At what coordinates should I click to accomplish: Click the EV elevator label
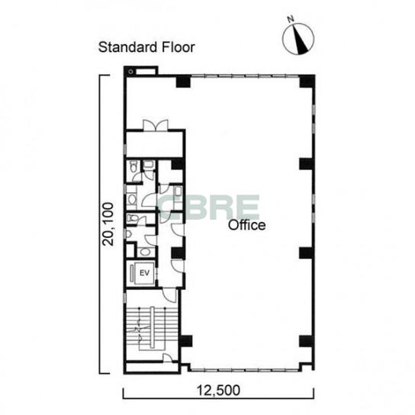[x=144, y=273]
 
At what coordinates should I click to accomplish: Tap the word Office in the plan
[x=247, y=225]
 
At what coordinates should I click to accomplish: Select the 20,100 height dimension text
[x=108, y=224]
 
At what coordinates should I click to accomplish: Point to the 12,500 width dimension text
[x=218, y=390]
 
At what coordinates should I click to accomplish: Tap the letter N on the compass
[x=291, y=19]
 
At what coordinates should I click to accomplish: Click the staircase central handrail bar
[x=152, y=327]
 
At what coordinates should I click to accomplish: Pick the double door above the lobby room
[x=156, y=125]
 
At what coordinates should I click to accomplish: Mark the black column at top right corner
[x=307, y=81]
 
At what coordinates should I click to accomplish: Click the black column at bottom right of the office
[x=307, y=341]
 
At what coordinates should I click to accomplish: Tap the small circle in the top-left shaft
[x=130, y=72]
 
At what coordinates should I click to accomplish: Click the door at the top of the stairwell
[x=169, y=294]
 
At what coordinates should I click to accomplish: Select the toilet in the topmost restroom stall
[x=134, y=166]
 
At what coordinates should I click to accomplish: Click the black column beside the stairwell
[x=186, y=341]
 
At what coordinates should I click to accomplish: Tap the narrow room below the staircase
[x=152, y=368]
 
